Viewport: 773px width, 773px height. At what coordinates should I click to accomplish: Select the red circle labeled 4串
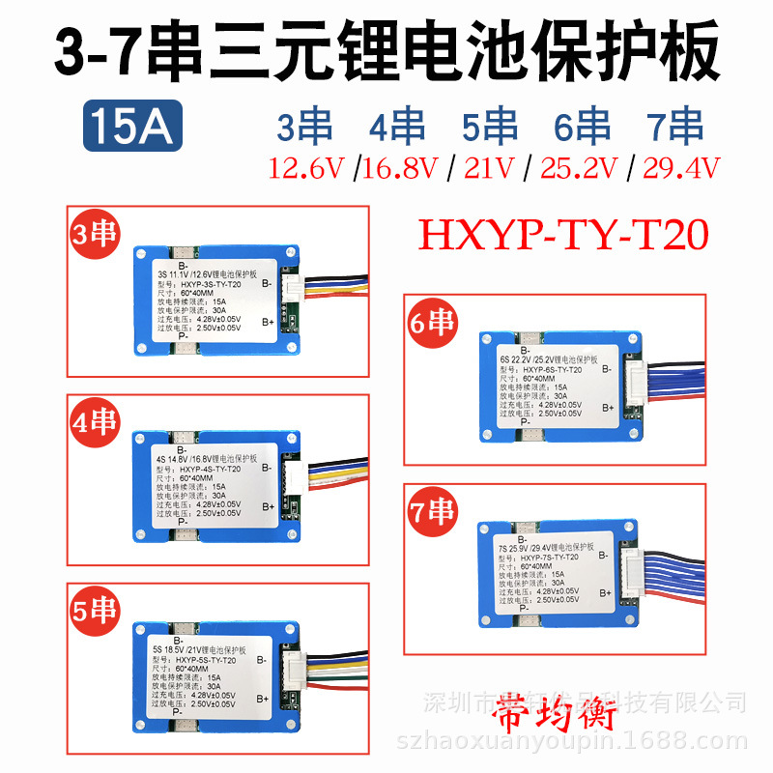[93, 423]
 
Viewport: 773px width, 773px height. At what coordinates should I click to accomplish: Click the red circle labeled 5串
[93, 612]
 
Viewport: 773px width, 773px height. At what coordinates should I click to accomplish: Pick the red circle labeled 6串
[429, 323]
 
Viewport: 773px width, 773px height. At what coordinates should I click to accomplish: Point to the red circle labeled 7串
[429, 511]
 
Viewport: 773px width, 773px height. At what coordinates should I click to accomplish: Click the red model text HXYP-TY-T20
[562, 232]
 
